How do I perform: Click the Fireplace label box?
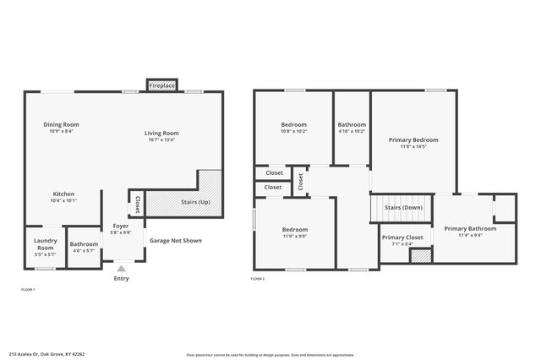pyautogui.click(x=161, y=85)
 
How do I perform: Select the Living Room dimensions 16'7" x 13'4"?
pyautogui.click(x=161, y=139)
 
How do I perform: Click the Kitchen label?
pyautogui.click(x=64, y=194)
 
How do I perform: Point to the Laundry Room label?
pyautogui.click(x=45, y=244)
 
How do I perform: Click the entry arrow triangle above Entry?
pyautogui.click(x=121, y=269)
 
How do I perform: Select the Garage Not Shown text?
pyautogui.click(x=176, y=240)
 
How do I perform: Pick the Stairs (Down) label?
pyautogui.click(x=403, y=207)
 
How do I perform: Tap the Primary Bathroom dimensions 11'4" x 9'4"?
pyautogui.click(x=470, y=236)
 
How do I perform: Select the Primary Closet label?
pyautogui.click(x=402, y=237)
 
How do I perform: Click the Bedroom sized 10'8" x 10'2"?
pyautogui.click(x=294, y=132)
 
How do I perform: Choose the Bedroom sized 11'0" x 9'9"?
pyautogui.click(x=294, y=237)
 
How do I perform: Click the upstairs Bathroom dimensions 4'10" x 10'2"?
pyautogui.click(x=352, y=132)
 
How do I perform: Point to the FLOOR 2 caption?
pyautogui.click(x=258, y=278)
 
